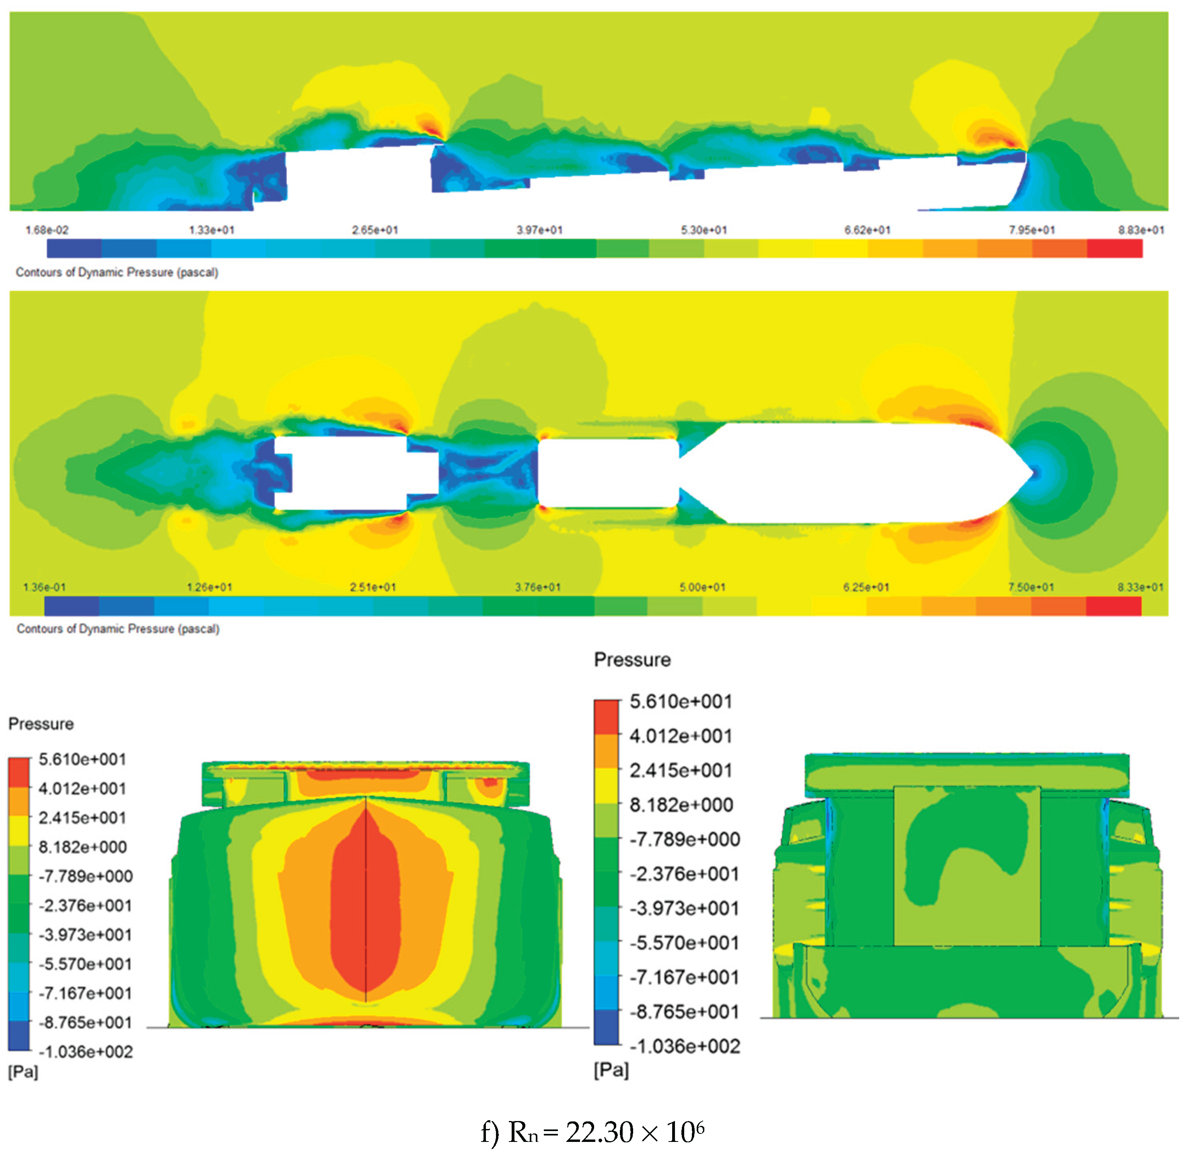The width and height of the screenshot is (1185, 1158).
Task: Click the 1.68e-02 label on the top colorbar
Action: click(47, 230)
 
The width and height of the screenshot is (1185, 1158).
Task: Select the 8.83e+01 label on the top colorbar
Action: click(1141, 230)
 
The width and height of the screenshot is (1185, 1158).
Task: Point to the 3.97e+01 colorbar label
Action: click(539, 230)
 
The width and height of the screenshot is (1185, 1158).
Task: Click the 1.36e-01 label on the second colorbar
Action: click(44, 587)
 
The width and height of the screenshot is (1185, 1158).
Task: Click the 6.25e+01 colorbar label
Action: click(866, 587)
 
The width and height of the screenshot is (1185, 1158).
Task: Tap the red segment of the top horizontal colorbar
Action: click(1115, 248)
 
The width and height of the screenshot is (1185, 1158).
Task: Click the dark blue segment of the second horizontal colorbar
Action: click(72, 606)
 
